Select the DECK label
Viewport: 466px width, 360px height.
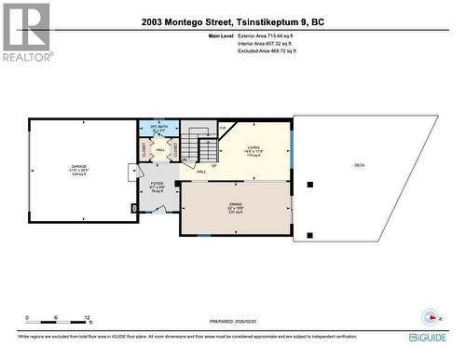tap(359, 165)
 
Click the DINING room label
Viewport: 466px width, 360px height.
tap(236, 207)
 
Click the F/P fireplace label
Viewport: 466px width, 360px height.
tap(223, 128)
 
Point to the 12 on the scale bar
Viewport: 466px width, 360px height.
tap(86, 318)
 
